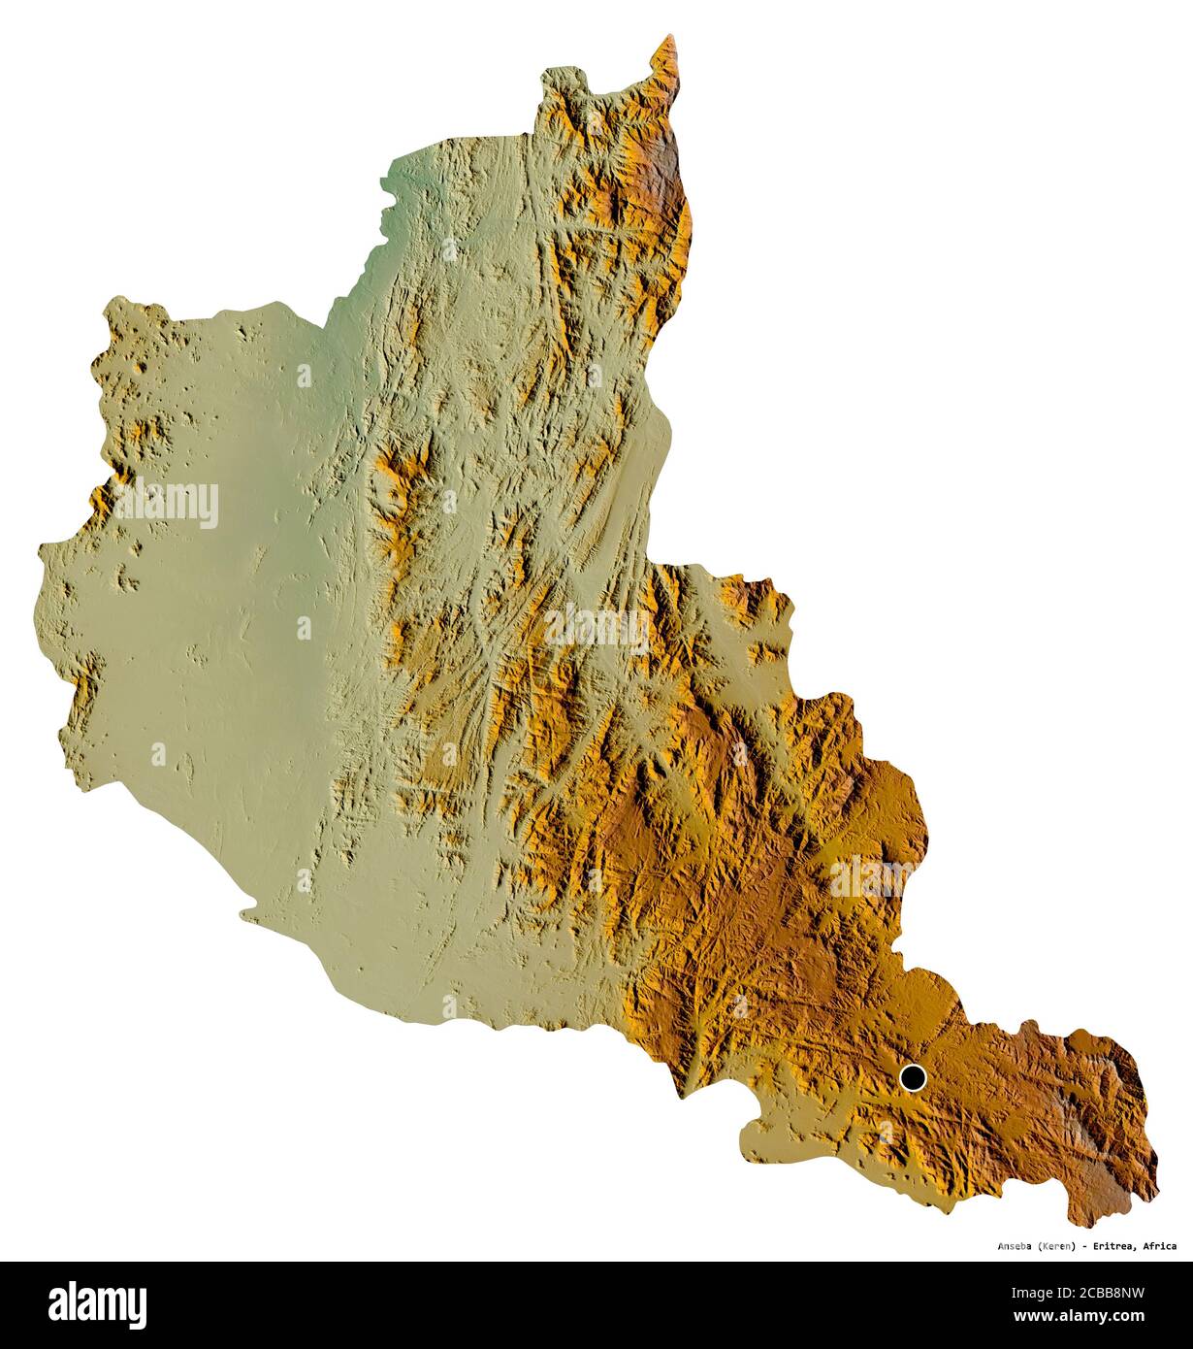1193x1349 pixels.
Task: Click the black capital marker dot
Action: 913,1077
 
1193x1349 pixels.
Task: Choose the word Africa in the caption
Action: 1160,1246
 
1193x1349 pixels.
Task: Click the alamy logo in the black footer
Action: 97,1301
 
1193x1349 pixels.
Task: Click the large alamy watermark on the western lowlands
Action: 166,503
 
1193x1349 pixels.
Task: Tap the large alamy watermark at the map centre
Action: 596,630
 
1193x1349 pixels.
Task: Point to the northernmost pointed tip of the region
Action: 666,38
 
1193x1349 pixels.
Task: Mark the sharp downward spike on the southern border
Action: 684,1097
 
